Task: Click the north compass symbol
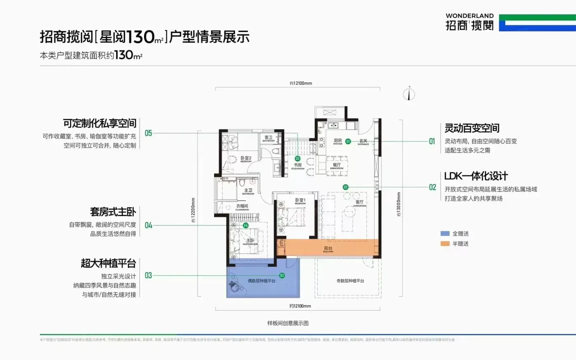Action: [x=409, y=94]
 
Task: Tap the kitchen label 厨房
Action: [x=338, y=141]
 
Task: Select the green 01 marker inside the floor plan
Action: [x=348, y=141]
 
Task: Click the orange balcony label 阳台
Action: [x=328, y=249]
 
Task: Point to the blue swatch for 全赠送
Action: [x=445, y=233]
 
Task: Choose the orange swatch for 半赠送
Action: [x=445, y=244]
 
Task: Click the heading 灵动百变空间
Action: [x=472, y=128]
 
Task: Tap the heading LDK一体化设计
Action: [x=476, y=176]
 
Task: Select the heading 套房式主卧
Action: [x=113, y=212]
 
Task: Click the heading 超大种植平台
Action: [x=108, y=263]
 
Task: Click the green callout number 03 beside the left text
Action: [x=149, y=275]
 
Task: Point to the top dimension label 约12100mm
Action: [x=301, y=83]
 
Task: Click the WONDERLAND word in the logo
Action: [x=469, y=16]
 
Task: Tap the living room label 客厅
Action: [x=360, y=202]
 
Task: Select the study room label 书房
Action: [x=297, y=165]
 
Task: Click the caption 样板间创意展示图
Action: [x=288, y=323]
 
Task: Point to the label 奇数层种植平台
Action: [x=350, y=281]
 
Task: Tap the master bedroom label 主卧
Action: [x=250, y=240]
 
